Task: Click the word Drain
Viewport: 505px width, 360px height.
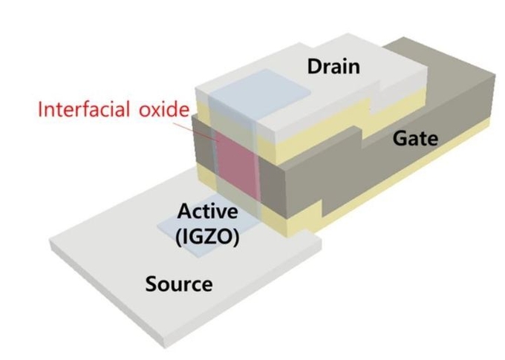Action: (x=333, y=67)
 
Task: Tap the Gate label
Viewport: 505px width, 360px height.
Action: (x=415, y=139)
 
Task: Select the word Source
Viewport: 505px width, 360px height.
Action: (x=179, y=284)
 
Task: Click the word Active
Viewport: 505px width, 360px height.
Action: (x=208, y=212)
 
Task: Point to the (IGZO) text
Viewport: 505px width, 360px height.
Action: (x=208, y=237)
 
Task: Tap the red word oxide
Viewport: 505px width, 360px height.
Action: (x=164, y=109)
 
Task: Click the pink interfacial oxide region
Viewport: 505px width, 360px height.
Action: (x=238, y=163)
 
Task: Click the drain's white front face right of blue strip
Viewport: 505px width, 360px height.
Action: (x=267, y=131)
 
